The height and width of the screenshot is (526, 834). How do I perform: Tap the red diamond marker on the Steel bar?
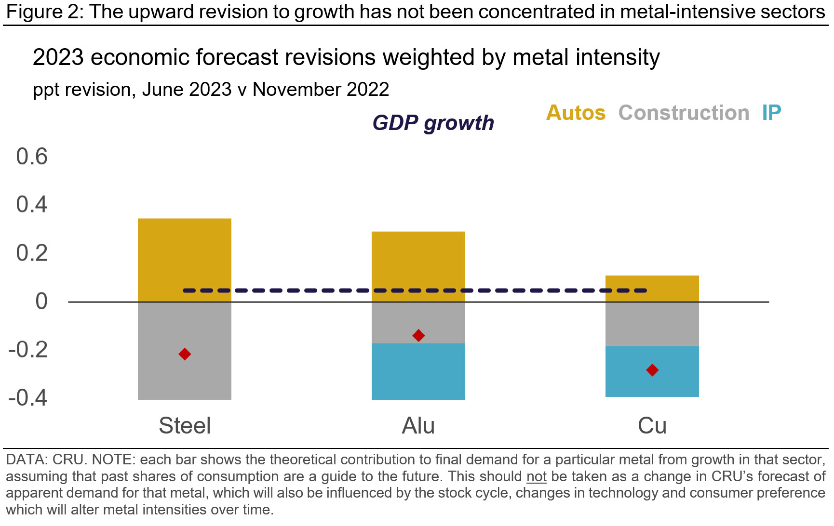[185, 354]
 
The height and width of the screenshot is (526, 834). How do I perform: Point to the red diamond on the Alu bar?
[418, 335]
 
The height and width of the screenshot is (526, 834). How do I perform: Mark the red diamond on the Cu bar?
[652, 370]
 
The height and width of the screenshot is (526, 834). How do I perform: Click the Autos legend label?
[576, 113]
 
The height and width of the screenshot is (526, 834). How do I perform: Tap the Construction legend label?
[684, 113]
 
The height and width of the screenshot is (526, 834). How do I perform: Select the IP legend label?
[771, 113]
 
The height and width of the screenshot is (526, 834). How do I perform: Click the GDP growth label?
[433, 123]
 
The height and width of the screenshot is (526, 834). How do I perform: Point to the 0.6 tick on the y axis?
[32, 157]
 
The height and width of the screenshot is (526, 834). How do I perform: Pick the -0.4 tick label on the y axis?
[28, 398]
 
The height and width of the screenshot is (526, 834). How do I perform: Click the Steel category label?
[185, 426]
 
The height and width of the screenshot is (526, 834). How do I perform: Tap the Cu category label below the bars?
[652, 426]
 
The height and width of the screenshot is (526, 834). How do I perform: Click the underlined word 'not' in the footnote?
[536, 476]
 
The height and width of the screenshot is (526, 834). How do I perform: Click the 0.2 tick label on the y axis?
[32, 253]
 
